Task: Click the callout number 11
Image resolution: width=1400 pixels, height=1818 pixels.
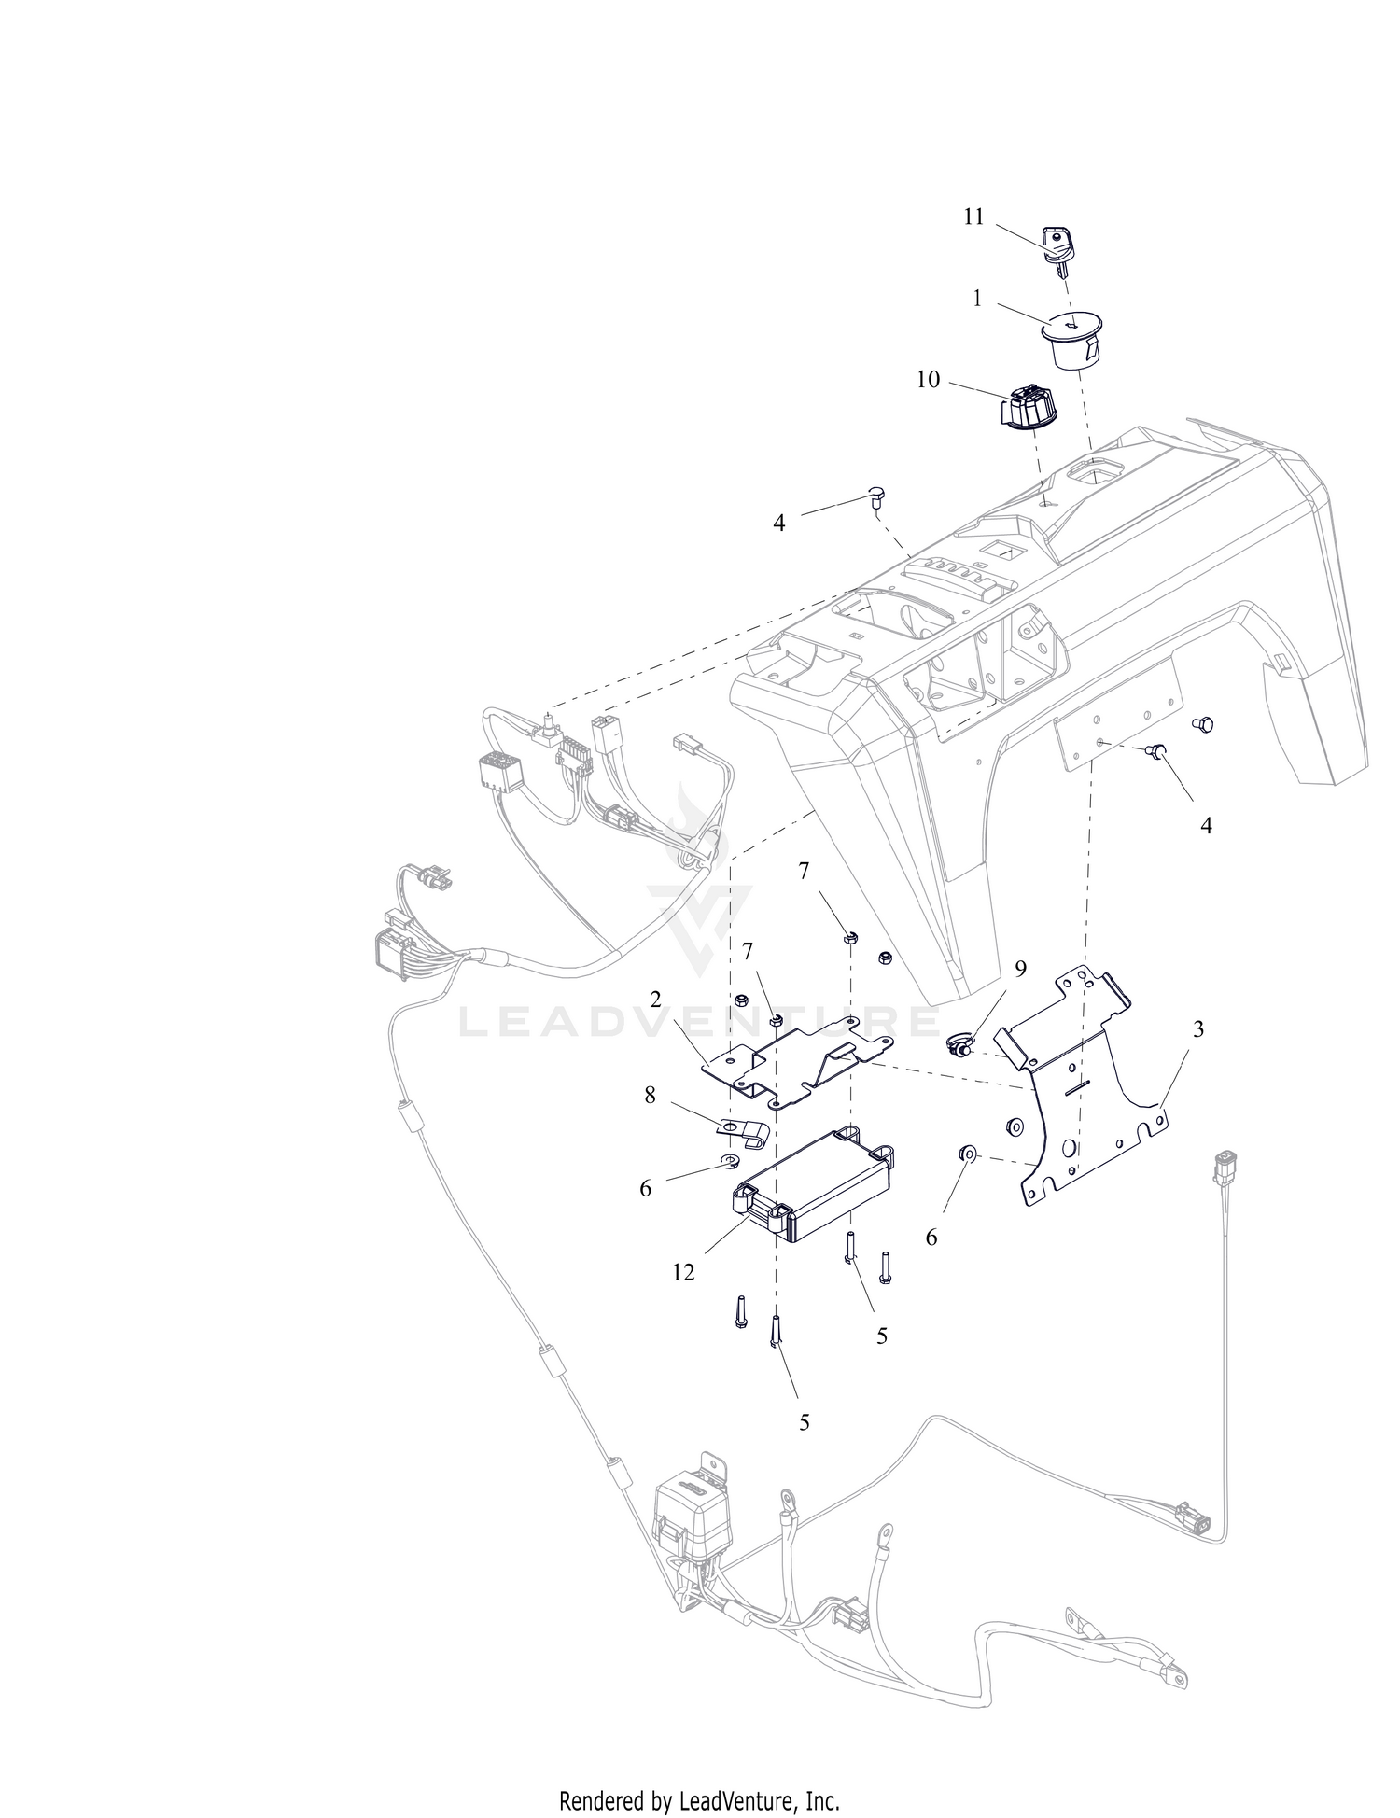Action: click(973, 217)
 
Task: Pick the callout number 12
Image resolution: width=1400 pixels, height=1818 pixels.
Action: click(683, 1272)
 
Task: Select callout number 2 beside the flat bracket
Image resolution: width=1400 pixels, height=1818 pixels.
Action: click(655, 1000)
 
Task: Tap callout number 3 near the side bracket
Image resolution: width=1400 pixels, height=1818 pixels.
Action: click(1198, 1029)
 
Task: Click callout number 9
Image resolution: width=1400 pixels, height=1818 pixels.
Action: click(1020, 969)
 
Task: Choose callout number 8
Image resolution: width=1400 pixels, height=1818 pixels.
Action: click(650, 1095)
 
